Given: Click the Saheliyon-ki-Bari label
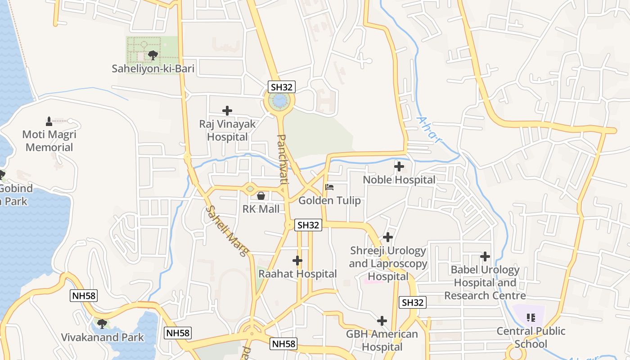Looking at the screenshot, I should tap(153, 69).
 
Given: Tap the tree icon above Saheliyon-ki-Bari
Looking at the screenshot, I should tap(153, 55).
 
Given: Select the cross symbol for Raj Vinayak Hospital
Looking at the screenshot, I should tap(227, 110).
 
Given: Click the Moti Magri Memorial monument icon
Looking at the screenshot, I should tap(49, 121).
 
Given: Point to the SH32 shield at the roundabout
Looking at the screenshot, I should tap(282, 87).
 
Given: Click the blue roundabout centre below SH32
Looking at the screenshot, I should tap(279, 101).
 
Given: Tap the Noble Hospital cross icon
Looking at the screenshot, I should tap(399, 166).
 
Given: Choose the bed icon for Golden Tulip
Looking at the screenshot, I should tap(329, 187).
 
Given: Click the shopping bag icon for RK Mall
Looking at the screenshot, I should tap(261, 196).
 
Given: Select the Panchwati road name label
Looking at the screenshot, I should tap(283, 159).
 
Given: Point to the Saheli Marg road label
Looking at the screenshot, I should tap(227, 231).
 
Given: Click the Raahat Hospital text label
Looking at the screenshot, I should tap(297, 274).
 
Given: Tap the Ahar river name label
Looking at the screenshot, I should tap(429, 130).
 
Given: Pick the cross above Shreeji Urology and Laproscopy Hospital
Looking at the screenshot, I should tap(388, 237).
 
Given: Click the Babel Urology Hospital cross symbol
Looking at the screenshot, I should tap(485, 256).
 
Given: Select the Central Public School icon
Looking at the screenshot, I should tap(531, 318).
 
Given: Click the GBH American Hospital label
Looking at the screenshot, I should tap(382, 341).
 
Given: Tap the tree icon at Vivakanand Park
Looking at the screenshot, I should tap(102, 324).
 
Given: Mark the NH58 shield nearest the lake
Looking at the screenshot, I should tap(84, 296).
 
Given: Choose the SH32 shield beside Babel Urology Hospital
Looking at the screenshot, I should tap(413, 302).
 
